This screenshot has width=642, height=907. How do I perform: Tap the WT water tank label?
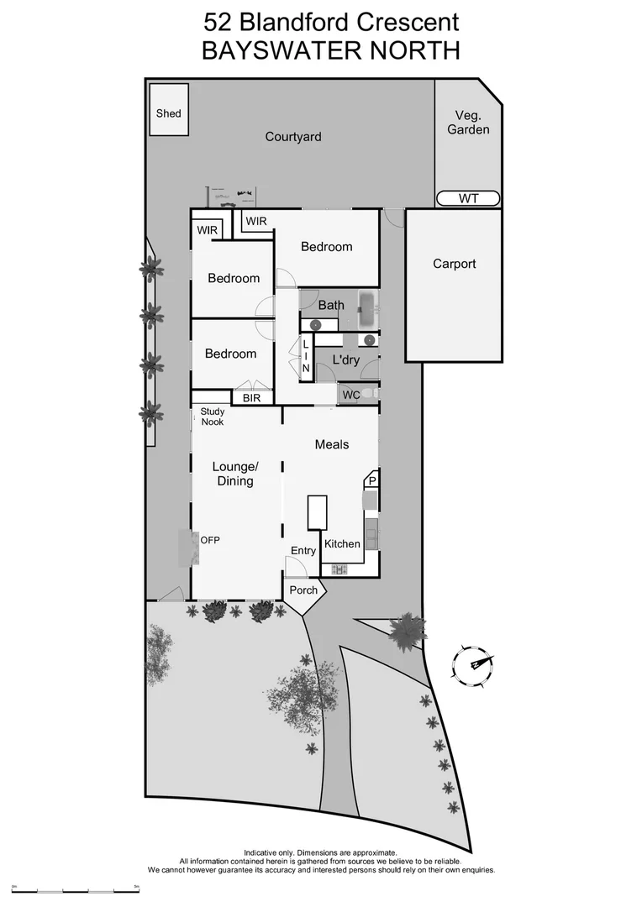468,198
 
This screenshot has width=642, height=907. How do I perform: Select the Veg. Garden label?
468,123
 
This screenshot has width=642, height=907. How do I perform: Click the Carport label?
454,264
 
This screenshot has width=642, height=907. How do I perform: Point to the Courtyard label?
293,137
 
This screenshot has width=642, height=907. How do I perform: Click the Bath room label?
331,305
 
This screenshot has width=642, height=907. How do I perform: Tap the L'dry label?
345,359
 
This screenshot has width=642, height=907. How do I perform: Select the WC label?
350,394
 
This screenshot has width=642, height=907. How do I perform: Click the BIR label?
251,398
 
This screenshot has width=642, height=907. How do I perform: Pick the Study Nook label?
213,417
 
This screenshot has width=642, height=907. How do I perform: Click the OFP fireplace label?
210,540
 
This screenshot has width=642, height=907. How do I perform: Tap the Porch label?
303,590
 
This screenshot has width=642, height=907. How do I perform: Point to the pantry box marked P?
371,481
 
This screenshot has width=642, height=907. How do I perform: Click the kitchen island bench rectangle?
317,512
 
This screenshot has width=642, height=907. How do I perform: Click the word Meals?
332,444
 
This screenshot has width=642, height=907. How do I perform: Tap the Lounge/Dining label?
234,474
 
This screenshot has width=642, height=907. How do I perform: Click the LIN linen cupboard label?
306,356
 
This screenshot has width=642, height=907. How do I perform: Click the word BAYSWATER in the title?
277,50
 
